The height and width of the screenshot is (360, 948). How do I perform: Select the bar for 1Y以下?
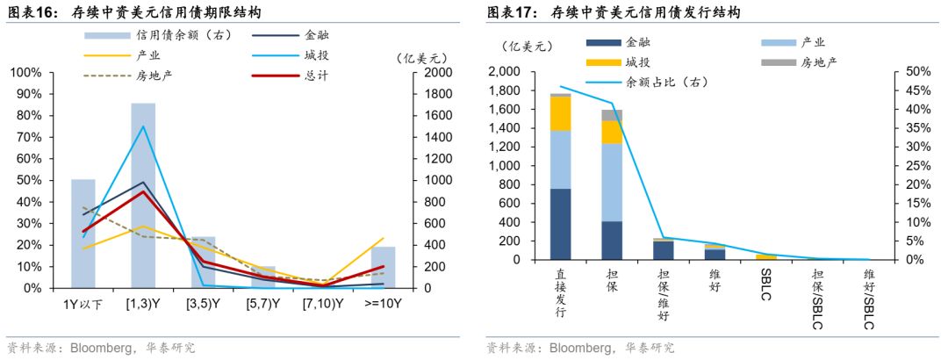(x=83, y=233)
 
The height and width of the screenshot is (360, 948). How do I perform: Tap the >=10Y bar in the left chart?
(x=383, y=267)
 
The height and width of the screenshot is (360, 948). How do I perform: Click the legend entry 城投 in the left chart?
(x=298, y=55)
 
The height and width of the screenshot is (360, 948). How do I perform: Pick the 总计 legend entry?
(x=298, y=76)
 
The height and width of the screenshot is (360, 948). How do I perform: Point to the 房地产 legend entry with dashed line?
(x=132, y=76)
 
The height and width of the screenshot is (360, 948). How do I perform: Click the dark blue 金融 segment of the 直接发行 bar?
(x=561, y=224)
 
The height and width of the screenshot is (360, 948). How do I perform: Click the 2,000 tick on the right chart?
(x=506, y=72)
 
